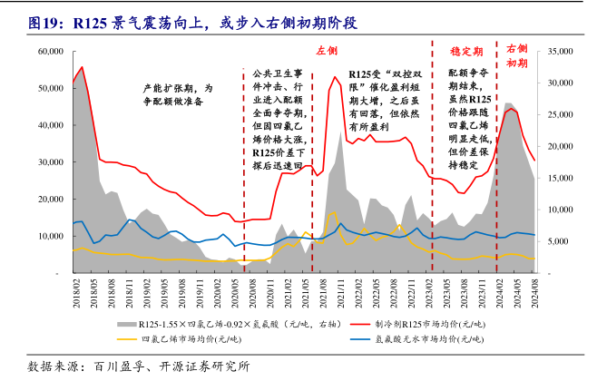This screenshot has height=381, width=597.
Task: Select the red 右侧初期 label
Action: tap(516, 55)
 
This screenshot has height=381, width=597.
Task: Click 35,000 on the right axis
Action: tap(555, 52)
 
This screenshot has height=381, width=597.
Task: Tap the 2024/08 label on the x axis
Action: tap(533, 293)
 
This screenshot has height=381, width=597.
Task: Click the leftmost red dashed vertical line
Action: tap(244, 172)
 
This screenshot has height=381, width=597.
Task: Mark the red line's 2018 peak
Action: tap(83, 67)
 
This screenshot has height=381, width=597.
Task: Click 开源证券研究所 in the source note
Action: tap(202, 366)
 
